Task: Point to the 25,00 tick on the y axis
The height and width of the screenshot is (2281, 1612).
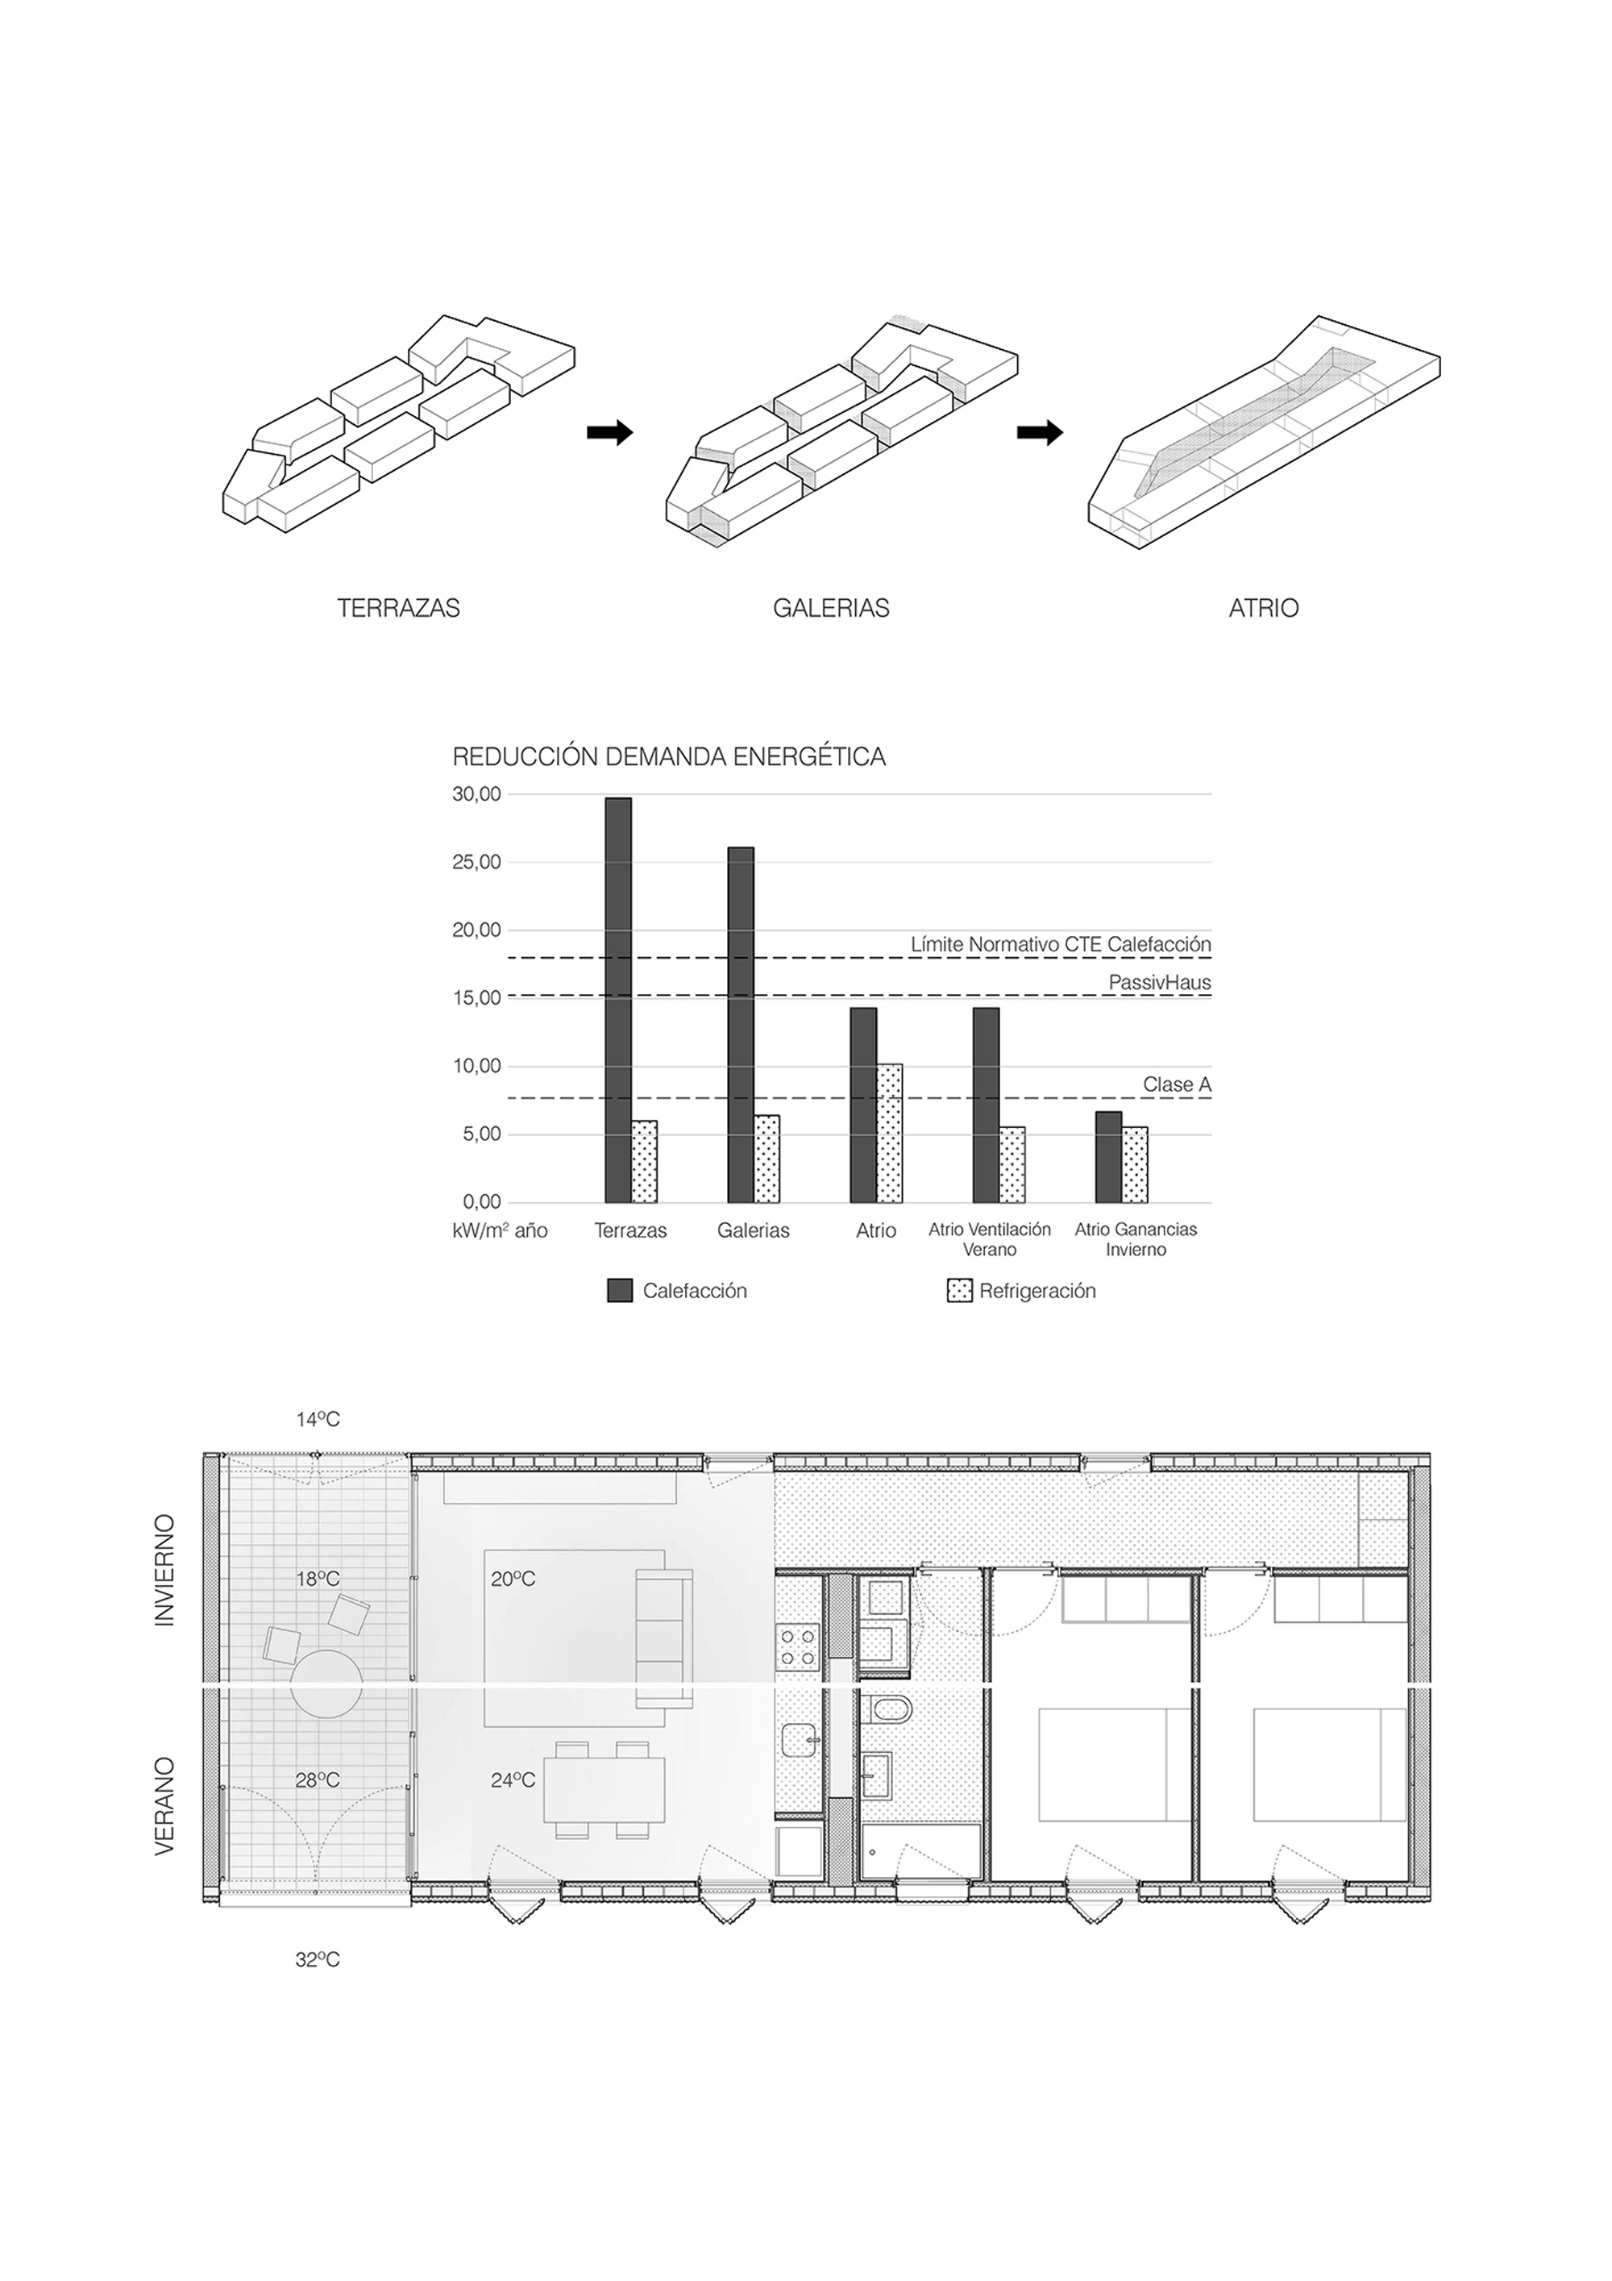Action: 476,863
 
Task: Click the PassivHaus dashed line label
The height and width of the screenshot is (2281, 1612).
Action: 1159,983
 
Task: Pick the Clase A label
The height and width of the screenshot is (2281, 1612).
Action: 1176,1085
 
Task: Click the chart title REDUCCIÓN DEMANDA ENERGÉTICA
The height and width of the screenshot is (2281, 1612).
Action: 668,757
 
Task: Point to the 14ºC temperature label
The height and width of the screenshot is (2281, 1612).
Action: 318,1420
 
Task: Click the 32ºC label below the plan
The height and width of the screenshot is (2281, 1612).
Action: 318,1960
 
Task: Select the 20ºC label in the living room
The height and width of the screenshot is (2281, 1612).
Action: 513,1579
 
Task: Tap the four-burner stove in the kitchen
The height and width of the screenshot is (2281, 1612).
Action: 798,1647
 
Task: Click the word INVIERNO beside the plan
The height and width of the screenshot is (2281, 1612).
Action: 164,1571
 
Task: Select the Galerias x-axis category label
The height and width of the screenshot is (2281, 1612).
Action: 753,1231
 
